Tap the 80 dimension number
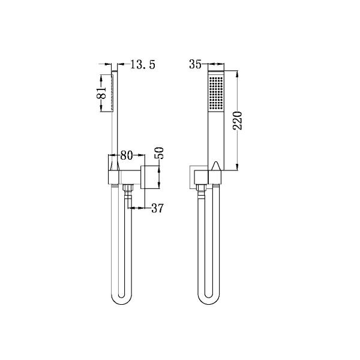[126, 155]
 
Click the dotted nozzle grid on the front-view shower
[214, 93]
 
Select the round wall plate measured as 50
[145, 175]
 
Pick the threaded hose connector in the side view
[127, 191]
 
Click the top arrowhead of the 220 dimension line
[239, 75]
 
